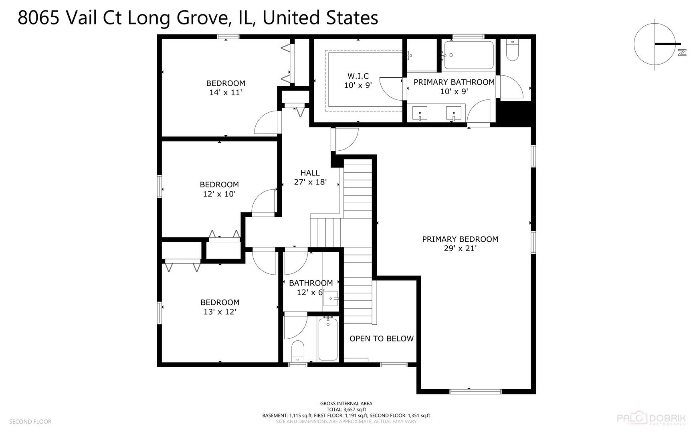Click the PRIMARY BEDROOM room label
pos(460,239)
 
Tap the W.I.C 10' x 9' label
pos(358,81)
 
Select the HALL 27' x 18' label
pos(310,177)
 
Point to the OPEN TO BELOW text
pos(381,339)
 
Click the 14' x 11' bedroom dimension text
pos(226,93)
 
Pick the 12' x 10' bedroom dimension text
pos(219,194)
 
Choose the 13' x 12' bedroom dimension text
pos(220,312)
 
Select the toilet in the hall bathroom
pos(297,351)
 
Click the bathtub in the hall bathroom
pos(328,339)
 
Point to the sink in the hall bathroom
pos(331,299)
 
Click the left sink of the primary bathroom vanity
pos(420,113)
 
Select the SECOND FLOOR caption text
pos(30,422)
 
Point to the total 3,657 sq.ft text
pos(346,410)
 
